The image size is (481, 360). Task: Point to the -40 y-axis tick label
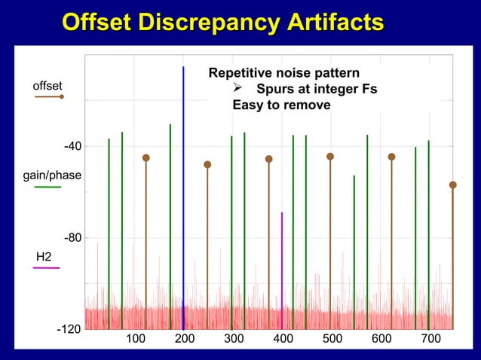[x=72, y=146]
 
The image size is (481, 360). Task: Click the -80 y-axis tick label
[x=72, y=238]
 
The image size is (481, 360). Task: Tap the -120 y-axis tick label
[x=69, y=331]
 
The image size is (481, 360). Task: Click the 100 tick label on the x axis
[x=135, y=339]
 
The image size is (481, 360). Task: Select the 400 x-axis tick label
[x=283, y=339]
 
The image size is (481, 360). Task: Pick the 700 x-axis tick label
[x=430, y=339]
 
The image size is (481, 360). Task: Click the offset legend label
[x=47, y=86]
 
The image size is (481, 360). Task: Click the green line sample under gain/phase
[x=47, y=187]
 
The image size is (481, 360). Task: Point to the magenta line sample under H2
[x=47, y=268]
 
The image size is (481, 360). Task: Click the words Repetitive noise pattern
[x=283, y=74]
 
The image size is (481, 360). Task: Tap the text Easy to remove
[x=281, y=105]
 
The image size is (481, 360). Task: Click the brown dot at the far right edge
[x=452, y=185]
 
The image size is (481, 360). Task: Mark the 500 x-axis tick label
[x=332, y=339]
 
